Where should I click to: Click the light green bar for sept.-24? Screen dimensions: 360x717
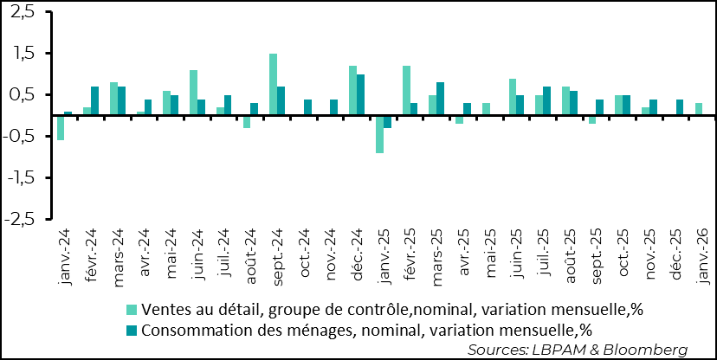click(273, 84)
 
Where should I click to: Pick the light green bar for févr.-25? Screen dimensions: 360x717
click(406, 90)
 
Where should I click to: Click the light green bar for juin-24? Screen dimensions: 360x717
click(193, 93)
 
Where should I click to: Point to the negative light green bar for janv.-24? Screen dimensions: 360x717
click(61, 127)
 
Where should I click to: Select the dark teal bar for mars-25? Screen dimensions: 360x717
click(440, 99)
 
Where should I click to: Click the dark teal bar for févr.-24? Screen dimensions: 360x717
click(94, 100)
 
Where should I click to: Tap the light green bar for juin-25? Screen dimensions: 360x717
click(513, 97)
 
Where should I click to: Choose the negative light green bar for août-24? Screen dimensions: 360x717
click(247, 121)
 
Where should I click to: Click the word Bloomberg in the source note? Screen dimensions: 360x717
click(651, 349)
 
